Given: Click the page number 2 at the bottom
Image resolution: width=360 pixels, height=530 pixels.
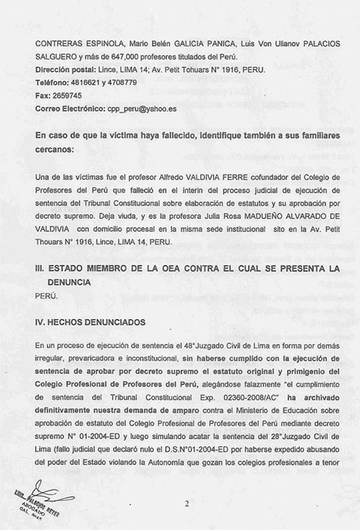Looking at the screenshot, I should point(187,503).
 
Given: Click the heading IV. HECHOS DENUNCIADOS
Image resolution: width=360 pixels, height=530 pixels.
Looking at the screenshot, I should point(90,323).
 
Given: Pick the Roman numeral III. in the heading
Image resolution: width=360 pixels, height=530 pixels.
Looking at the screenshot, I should point(41,269).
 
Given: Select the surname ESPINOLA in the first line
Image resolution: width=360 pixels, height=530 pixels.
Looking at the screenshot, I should point(102,44).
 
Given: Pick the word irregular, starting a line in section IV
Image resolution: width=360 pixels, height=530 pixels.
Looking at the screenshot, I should point(51,358).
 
